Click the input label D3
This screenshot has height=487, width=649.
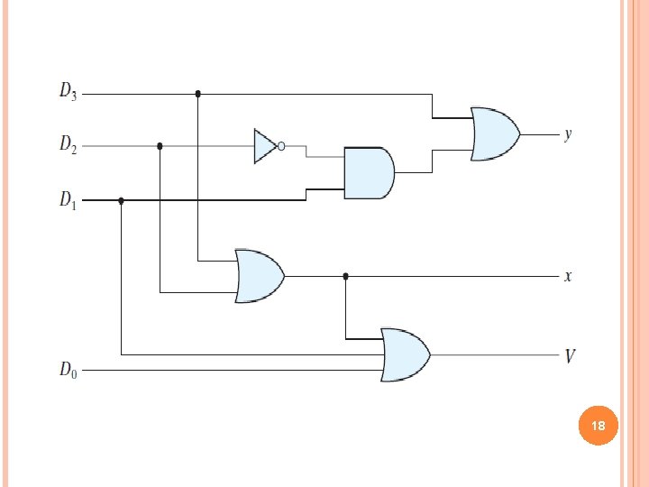click(x=68, y=91)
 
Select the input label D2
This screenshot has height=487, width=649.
click(x=68, y=144)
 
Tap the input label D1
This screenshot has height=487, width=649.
click(x=68, y=199)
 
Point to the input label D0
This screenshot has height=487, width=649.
click(x=68, y=369)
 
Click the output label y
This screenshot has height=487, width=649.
click(x=568, y=134)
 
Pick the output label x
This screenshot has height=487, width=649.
click(x=568, y=276)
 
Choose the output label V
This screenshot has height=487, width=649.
click(x=570, y=356)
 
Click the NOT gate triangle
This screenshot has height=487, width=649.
click(x=265, y=145)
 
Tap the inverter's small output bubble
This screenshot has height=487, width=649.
click(x=281, y=145)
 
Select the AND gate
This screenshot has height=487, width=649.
click(x=368, y=173)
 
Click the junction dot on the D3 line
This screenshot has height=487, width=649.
click(x=197, y=93)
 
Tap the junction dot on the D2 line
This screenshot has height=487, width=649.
click(x=160, y=145)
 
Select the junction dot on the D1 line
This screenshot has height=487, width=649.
click(x=122, y=201)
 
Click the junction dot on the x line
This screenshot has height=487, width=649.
click(x=345, y=276)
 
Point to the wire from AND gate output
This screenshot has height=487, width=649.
click(x=415, y=171)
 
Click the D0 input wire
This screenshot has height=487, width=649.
click(x=225, y=369)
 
